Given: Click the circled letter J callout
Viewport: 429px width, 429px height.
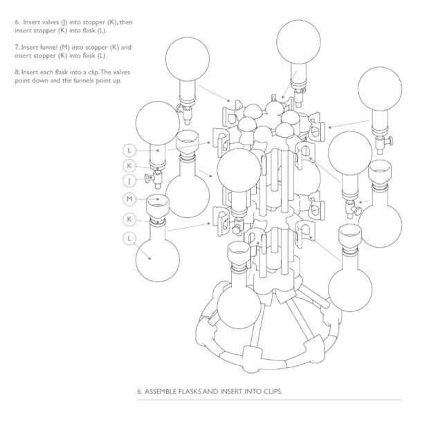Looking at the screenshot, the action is click(x=129, y=181).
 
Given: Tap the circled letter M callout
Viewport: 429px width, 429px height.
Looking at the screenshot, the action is click(x=129, y=199).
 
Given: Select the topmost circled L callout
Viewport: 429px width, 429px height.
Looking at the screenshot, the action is click(x=129, y=150).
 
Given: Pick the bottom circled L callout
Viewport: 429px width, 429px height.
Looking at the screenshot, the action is click(x=129, y=238).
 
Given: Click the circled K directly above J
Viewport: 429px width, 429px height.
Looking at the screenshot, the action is click(x=129, y=165).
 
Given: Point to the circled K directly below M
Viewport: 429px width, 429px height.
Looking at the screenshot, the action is click(x=129, y=219).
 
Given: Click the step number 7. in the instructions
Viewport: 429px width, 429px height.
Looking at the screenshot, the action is click(x=17, y=47).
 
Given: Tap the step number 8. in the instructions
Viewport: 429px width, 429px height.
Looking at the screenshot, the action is click(x=17, y=72).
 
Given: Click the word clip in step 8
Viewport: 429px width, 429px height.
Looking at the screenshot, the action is click(x=90, y=72).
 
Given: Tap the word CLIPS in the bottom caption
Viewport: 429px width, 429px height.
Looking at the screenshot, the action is click(x=272, y=392).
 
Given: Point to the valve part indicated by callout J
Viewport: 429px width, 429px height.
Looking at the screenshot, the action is click(x=150, y=180).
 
